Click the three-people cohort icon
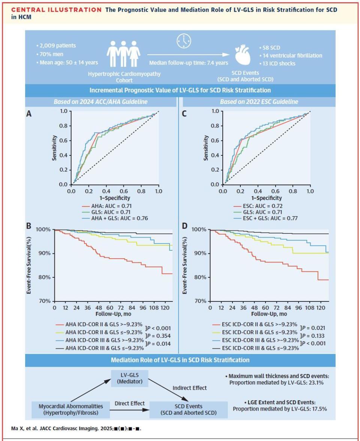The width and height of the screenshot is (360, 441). coord(123,55)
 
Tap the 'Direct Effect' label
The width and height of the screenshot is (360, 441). coord(129,403)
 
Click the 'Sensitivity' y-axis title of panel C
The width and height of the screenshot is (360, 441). coord(205,148)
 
